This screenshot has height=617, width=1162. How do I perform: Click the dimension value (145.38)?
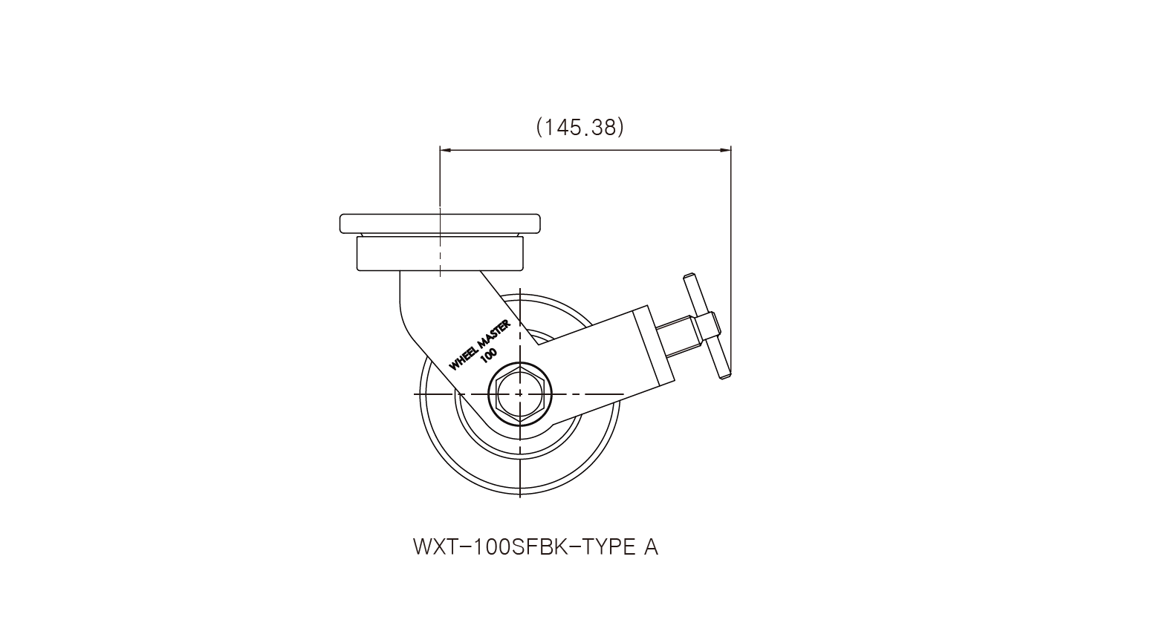(580, 127)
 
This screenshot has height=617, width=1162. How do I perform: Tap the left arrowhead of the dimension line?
(445, 151)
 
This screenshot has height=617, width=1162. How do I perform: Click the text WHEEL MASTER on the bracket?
(480, 345)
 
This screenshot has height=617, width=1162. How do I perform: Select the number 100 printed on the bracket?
(489, 355)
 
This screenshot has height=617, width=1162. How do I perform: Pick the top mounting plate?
(440, 223)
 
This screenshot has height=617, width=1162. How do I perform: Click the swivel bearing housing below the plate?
(440, 253)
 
